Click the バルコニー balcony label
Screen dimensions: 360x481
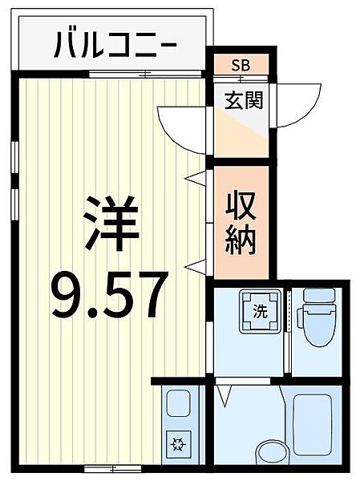115,45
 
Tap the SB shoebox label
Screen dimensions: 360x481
241,65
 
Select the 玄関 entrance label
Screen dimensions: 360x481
244,100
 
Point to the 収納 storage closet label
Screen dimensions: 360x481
241,223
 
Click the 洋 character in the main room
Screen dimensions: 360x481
111,224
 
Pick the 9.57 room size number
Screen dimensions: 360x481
110,295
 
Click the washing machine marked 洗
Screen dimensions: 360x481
261,312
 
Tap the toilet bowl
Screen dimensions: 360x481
316,327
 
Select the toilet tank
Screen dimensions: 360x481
319,296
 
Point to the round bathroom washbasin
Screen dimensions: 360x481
271,453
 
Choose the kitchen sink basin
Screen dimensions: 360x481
178,403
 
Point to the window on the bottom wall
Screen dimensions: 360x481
112,468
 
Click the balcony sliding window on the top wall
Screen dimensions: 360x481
145,74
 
